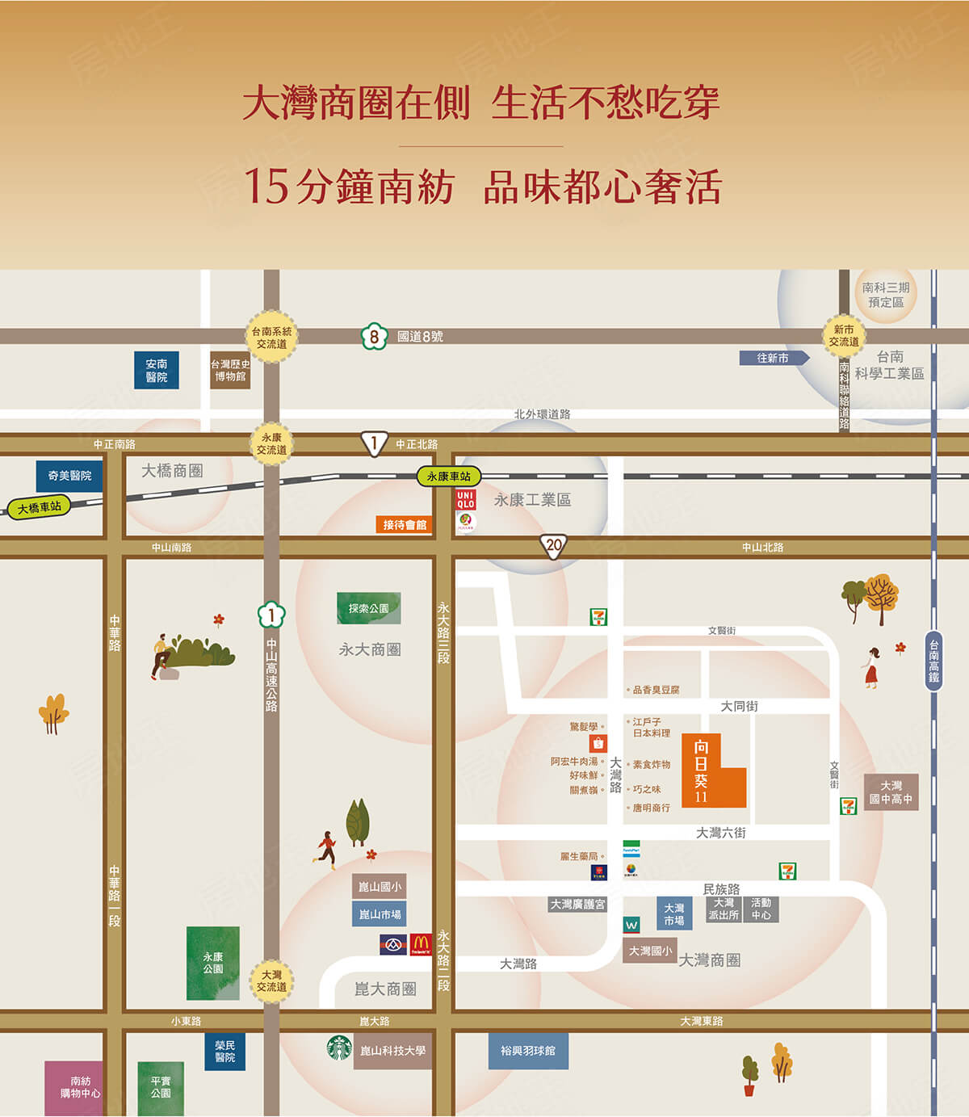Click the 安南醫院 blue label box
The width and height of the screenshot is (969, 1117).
(157, 371)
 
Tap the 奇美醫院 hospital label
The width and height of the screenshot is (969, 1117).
(69, 476)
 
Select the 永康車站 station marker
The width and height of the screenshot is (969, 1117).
(449, 477)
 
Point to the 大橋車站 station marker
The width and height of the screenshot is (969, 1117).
(39, 507)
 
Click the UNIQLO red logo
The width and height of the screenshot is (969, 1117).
(466, 499)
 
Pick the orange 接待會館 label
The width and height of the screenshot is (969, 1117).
(405, 525)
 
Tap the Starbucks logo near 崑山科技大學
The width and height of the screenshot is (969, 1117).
(339, 1048)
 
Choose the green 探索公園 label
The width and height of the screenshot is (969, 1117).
(369, 608)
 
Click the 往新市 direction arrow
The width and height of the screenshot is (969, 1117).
(774, 358)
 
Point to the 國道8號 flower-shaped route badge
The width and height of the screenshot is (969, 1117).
(374, 336)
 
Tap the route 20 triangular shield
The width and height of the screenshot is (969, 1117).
(553, 546)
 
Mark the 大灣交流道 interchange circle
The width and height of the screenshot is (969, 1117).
(271, 981)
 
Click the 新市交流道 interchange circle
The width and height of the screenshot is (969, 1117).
(844, 336)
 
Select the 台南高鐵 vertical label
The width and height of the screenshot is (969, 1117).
(933, 661)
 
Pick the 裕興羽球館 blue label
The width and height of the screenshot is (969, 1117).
(528, 1051)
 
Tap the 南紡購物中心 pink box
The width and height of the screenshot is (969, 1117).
(75, 1088)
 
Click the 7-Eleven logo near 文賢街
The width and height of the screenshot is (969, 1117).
(598, 618)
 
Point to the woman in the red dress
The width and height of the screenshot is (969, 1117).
(871, 667)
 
